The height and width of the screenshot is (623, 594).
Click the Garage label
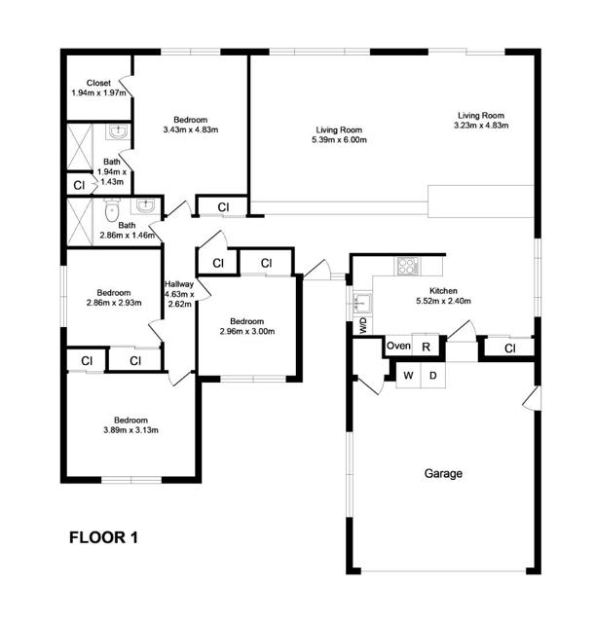point(443,473)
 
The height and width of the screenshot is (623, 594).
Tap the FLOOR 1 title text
point(103,537)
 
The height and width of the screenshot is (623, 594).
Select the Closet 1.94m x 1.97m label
point(98,88)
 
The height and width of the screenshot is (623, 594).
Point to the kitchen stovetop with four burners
point(406,266)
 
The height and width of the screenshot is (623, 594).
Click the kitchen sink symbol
point(361,303)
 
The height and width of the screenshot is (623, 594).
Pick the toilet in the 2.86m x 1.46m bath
point(112,210)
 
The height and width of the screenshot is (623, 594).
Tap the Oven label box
point(398,346)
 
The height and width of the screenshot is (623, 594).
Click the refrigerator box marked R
point(426,346)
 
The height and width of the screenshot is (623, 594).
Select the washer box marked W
point(408,375)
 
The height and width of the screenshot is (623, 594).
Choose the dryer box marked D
point(432,375)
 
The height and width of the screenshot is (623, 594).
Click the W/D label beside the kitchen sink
point(363,326)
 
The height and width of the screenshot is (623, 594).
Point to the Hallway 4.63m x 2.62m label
point(179,294)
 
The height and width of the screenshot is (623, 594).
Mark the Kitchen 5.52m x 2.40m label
point(443,296)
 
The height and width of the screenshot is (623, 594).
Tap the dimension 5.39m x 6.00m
point(339,140)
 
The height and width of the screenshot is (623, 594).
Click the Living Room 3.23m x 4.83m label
point(481,121)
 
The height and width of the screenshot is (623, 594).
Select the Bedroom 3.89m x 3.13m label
point(130,424)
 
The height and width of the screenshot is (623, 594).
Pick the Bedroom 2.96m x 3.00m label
point(247,326)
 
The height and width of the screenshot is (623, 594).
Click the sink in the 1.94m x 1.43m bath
point(118,131)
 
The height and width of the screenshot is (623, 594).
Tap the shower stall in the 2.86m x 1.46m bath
point(80,222)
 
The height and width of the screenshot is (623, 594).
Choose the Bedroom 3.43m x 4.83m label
point(191,125)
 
